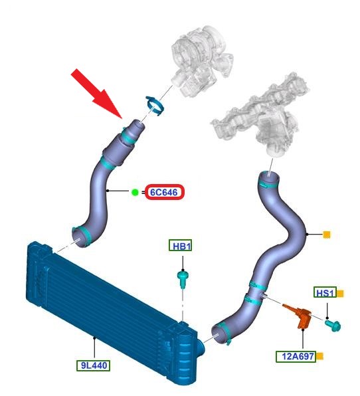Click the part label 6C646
pos(164,192)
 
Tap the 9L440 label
pos(94,365)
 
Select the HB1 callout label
pos(180,245)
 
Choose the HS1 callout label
pos(325,292)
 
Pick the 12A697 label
pos(296,356)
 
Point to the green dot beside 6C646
pos(135,193)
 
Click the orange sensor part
pos(300,315)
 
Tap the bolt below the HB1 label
pos(183,279)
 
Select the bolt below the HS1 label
pos(333,325)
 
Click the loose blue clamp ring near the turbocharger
pos(155,106)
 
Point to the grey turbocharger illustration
pos(201,60)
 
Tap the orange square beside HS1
pos(340,294)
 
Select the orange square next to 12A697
pos(320,356)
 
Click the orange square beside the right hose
pos(327,235)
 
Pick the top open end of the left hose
pos(139,125)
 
